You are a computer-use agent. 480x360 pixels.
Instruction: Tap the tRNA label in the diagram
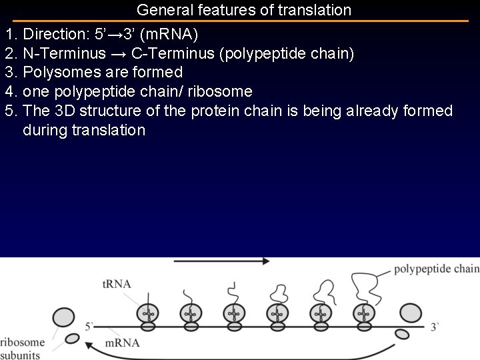click(117, 284)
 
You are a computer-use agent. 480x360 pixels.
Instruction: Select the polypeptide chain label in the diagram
click(436, 269)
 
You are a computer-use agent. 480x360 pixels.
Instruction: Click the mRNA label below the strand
click(123, 343)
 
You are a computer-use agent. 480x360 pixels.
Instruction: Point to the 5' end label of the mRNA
click(89, 327)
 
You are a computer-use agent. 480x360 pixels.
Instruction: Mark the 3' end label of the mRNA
click(435, 327)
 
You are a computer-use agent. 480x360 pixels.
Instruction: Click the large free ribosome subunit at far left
click(64, 316)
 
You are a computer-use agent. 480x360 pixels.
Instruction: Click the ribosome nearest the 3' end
click(410, 315)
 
